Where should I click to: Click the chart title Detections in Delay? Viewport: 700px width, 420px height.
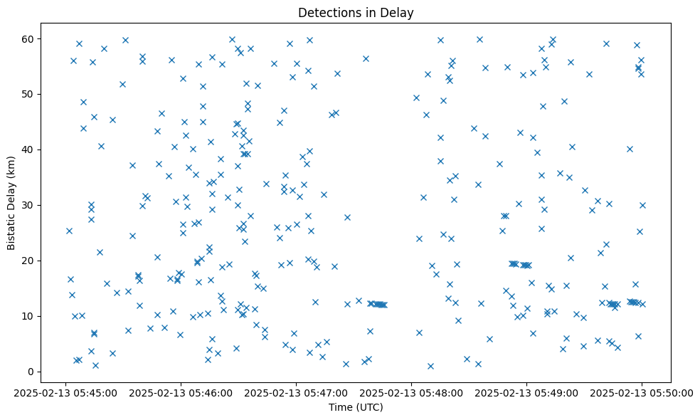(x=356, y=13)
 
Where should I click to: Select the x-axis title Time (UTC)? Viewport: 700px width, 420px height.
(x=356, y=407)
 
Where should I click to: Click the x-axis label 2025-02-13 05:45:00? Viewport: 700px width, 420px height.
(x=65, y=392)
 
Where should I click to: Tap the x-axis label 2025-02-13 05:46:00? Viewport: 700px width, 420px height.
(x=181, y=392)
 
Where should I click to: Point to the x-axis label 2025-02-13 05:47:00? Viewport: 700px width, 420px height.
(x=296, y=392)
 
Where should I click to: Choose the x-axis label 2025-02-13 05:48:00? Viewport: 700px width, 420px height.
(x=411, y=392)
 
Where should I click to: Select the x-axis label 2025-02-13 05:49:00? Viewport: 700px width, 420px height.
(x=526, y=392)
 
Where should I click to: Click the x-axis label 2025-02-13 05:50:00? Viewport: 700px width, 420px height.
(x=642, y=392)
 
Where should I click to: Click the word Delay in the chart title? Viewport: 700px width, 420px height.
(x=398, y=13)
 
